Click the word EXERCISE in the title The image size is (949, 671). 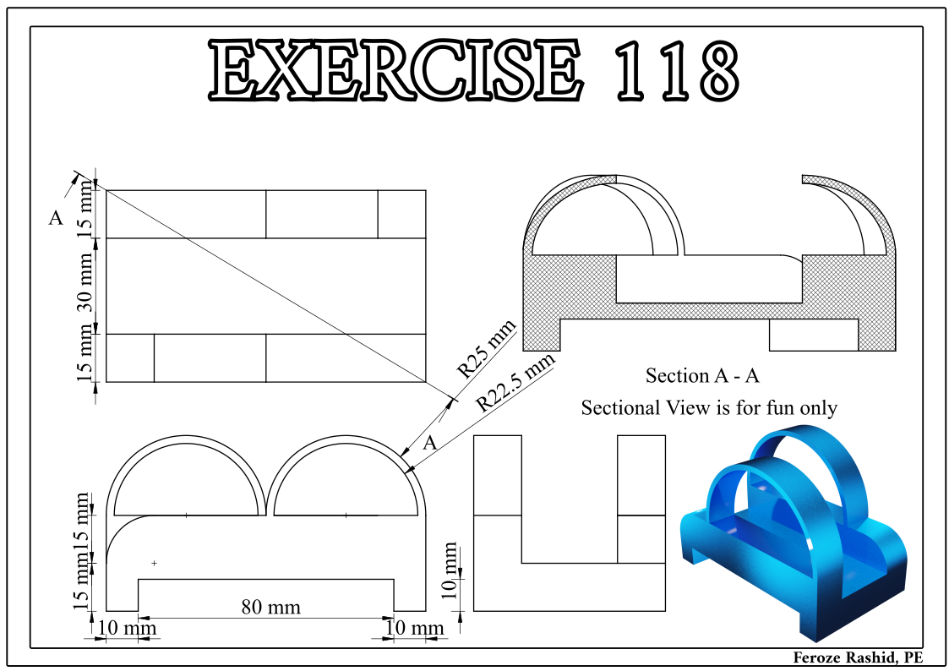tap(393, 69)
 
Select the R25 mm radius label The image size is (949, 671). tap(485, 347)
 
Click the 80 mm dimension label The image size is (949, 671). tap(271, 607)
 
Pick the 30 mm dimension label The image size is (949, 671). tap(85, 286)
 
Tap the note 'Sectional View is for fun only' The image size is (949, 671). tap(708, 408)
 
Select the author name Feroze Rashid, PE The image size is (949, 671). tap(857, 657)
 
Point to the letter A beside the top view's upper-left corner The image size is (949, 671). tap(56, 218)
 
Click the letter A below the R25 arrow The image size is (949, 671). tap(429, 443)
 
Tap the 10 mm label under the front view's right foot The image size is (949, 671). tap(414, 629)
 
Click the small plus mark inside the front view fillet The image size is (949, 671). tap(154, 563)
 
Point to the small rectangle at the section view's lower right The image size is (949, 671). tap(814, 335)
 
